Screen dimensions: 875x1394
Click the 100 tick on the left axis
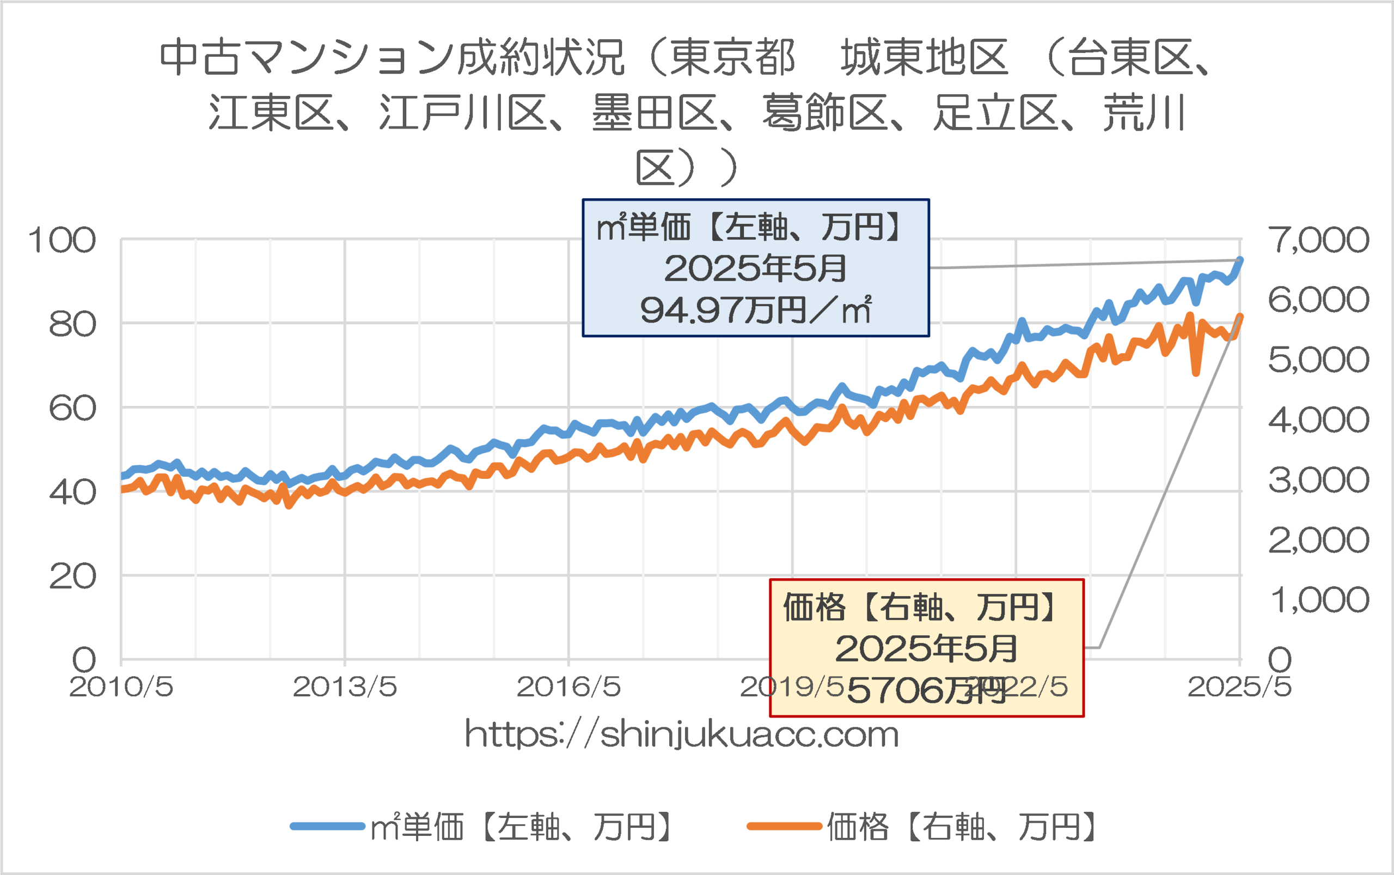tap(62, 240)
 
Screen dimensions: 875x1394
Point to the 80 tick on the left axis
tap(72, 325)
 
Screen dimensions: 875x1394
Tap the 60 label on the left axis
tap(72, 409)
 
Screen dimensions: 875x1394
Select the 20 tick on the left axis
tap(72, 576)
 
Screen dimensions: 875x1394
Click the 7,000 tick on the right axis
tap(1318, 240)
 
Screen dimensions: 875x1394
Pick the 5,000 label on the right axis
tap(1318, 360)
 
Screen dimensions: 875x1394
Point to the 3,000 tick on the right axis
tap(1318, 480)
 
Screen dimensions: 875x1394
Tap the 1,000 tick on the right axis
tap(1318, 599)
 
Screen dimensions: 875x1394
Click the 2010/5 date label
tap(121, 688)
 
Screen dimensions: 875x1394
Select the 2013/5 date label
tap(345, 688)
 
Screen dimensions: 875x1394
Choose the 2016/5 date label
tap(568, 688)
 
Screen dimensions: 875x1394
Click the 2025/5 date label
tap(1239, 688)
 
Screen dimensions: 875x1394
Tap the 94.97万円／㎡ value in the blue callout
tap(755, 310)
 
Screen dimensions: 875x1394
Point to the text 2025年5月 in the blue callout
tap(755, 269)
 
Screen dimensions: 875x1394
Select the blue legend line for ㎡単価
tap(327, 827)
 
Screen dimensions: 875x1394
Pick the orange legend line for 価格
tap(784, 827)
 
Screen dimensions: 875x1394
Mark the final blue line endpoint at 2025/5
tap(1239, 260)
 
